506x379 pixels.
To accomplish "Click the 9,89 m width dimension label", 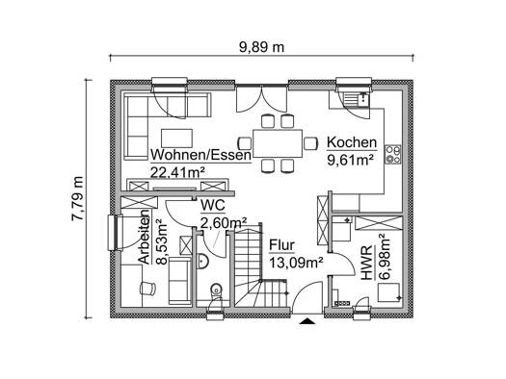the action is [261, 47].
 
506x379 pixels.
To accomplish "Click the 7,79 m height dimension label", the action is [77, 199].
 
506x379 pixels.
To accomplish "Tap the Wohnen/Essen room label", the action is [200, 155].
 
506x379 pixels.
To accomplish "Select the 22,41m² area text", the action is [177, 172].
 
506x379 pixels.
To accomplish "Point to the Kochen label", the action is [352, 142].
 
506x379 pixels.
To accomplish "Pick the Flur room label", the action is [281, 245].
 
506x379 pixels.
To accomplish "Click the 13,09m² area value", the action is [296, 263].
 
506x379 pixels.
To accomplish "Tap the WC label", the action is [213, 206].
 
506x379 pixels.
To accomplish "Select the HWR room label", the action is [366, 263].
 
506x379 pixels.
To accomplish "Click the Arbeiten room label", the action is [145, 237].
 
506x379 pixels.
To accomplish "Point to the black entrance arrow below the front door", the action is [306, 321].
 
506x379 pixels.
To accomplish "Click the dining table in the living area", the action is [278, 143].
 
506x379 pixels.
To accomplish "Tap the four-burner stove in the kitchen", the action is [392, 155].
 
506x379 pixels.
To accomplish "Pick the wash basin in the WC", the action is [202, 261].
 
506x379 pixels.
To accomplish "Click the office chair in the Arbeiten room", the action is [147, 288].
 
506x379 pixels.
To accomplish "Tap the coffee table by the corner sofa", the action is [176, 139].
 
